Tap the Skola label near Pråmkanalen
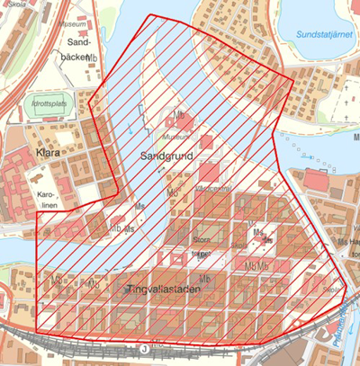[331, 291]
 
